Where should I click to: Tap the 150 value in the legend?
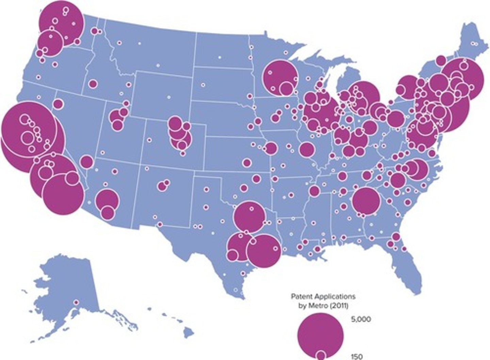tap(357, 356)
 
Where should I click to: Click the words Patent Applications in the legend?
tap(323, 296)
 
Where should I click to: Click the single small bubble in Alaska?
tap(76, 302)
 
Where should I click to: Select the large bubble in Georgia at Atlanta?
tap(366, 201)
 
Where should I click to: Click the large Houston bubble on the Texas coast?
tap(264, 251)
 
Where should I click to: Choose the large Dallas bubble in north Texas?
tap(250, 217)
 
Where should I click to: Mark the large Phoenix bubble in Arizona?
tap(107, 200)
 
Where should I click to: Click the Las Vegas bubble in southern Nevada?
tap(87, 162)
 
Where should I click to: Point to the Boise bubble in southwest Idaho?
tap(93, 84)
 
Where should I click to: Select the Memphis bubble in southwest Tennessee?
tap(314, 191)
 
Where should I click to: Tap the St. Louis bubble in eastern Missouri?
tap(307, 149)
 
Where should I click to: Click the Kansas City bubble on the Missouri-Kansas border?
tap(271, 148)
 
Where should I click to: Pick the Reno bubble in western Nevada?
tap(58, 104)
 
